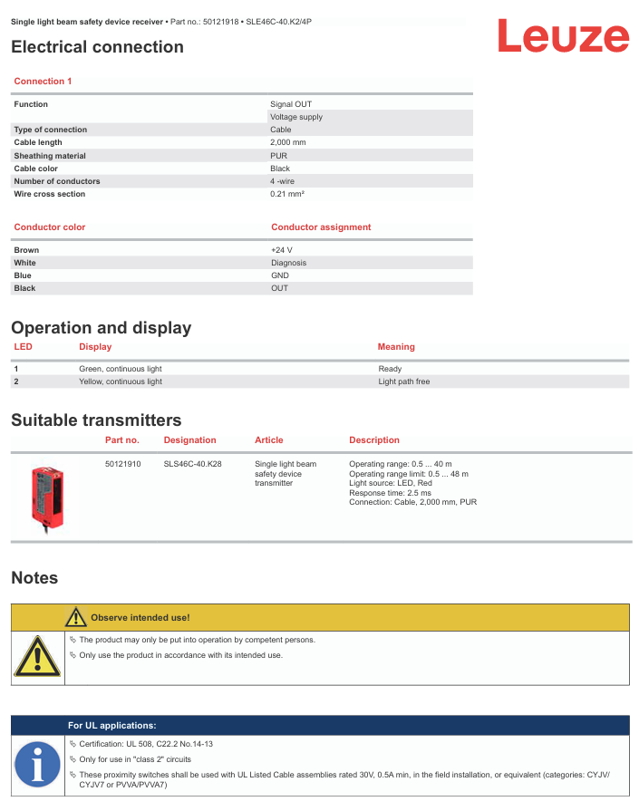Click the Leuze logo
pyautogui.click(x=562, y=38)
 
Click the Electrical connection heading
pyautogui.click(x=97, y=47)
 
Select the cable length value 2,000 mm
pyautogui.click(x=287, y=142)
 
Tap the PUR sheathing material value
pyautogui.click(x=278, y=156)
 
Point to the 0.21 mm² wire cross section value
pyautogui.click(x=286, y=194)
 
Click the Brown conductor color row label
pyautogui.click(x=26, y=250)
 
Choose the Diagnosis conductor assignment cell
pyautogui.click(x=288, y=263)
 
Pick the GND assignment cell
pyautogui.click(x=279, y=275)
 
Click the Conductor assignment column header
pyautogui.click(x=321, y=227)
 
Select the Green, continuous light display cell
pyautogui.click(x=121, y=369)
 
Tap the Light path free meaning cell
pyautogui.click(x=403, y=381)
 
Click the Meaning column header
pyautogui.click(x=396, y=347)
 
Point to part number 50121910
pyautogui.click(x=123, y=464)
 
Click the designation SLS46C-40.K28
pyautogui.click(x=192, y=464)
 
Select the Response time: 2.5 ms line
pyautogui.click(x=390, y=493)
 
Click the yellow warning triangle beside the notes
pyautogui.click(x=37, y=657)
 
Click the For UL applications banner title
pyautogui.click(x=111, y=726)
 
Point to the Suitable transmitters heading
pyautogui.click(x=96, y=420)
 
